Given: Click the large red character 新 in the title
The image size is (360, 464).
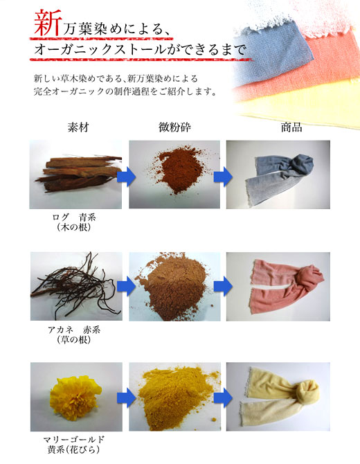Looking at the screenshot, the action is pyautogui.click(x=48, y=24).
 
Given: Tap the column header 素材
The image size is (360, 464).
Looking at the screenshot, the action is pyautogui.click(x=78, y=127).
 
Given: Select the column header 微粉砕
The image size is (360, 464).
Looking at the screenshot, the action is pyautogui.click(x=174, y=127).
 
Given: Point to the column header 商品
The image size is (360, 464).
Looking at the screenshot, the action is pyautogui.click(x=291, y=127).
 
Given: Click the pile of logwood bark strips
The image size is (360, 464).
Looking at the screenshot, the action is pyautogui.click(x=79, y=174).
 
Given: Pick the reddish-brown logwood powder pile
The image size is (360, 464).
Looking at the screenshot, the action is pyautogui.click(x=177, y=170).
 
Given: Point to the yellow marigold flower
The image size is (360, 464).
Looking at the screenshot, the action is pyautogui.click(x=75, y=393).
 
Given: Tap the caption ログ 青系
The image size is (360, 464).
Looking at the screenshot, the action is pyautogui.click(x=74, y=217).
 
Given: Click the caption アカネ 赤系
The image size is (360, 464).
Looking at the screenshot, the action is pyautogui.click(x=74, y=330).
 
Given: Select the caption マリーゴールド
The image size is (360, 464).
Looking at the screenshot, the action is pyautogui.click(x=74, y=440).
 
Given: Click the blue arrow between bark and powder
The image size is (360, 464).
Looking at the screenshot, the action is pyautogui.click(x=126, y=177).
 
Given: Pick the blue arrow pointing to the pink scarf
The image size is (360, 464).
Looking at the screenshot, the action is pyautogui.click(x=223, y=286).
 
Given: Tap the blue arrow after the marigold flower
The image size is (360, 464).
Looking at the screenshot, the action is pyautogui.click(x=126, y=398).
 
